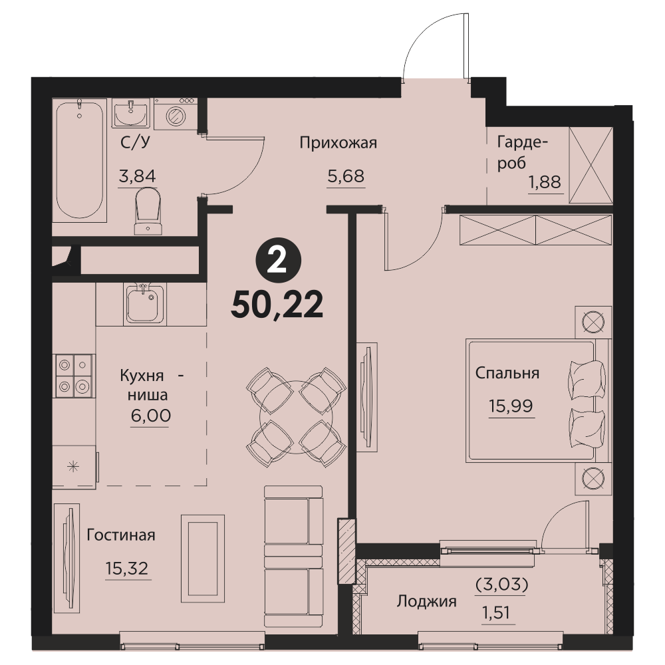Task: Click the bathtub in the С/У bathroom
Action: pyautogui.click(x=79, y=160)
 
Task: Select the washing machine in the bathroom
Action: pyautogui.click(x=174, y=114)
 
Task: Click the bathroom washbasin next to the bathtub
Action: pyautogui.click(x=131, y=113)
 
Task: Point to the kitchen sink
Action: pyautogui.click(x=144, y=304)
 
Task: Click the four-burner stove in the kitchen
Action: pyautogui.click(x=74, y=376)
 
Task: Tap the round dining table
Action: pyautogui.click(x=296, y=418)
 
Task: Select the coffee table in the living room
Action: pyautogui.click(x=203, y=558)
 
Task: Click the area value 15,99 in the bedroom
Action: pyautogui.click(x=511, y=406)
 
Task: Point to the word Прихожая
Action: pyautogui.click(x=338, y=143)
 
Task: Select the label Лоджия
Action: pyautogui.click(x=427, y=601)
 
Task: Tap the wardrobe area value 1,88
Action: pyautogui.click(x=545, y=182)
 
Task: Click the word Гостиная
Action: pyautogui.click(x=121, y=535)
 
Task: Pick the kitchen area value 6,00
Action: pyautogui.click(x=150, y=416)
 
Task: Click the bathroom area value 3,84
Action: pyautogui.click(x=138, y=176)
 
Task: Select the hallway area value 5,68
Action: pyautogui.click(x=346, y=176)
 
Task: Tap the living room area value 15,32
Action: pyautogui.click(x=127, y=569)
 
